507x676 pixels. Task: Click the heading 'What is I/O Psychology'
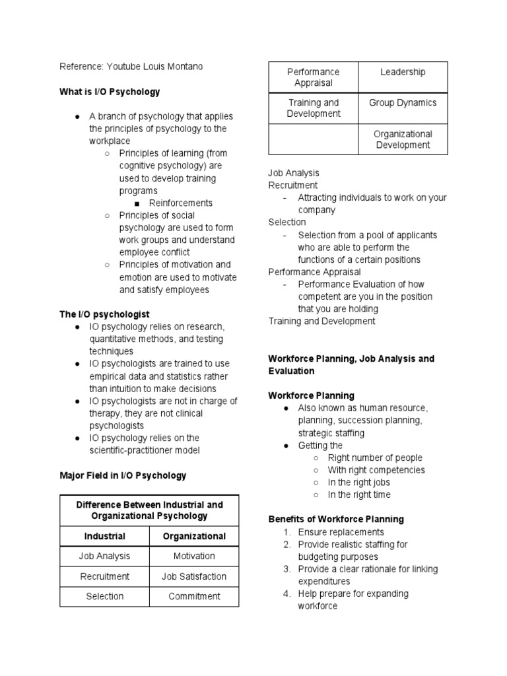coord(110,92)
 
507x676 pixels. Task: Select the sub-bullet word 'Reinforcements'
coord(181,203)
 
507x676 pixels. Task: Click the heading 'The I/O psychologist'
coord(104,314)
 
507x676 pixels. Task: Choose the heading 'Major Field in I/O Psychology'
coord(123,475)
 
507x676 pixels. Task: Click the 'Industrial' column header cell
coord(104,536)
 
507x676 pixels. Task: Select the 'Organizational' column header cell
coord(194,536)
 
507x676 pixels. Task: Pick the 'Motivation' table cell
coord(194,556)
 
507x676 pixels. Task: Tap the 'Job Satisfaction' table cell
coord(194,576)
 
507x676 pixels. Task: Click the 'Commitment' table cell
coord(194,596)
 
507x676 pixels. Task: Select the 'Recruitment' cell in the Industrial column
coord(104,576)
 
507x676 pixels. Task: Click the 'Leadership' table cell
coord(403,73)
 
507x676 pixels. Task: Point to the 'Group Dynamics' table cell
coord(403,103)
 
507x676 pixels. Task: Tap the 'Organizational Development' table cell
coord(403,139)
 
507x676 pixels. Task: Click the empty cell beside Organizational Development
coord(314,139)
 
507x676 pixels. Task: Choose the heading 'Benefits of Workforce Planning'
coord(336,519)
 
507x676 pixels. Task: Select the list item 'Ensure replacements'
coord(341,532)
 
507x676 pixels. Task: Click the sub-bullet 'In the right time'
coord(359,494)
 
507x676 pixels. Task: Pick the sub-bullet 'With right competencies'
coord(376,470)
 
